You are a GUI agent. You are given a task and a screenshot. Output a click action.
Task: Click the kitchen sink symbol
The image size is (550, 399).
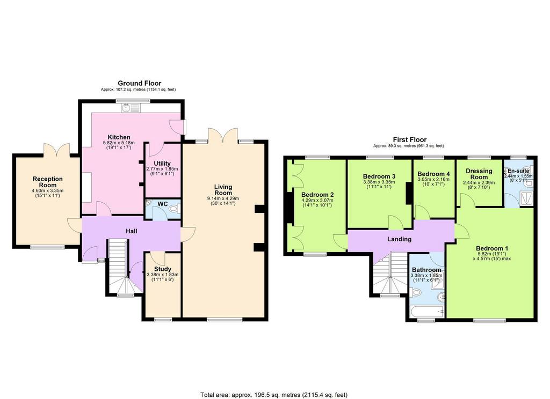pos(131,108)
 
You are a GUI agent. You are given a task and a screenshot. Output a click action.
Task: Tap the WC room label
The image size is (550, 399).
pos(162,204)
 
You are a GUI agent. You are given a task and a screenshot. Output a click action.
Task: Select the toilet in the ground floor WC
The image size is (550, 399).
pos(175,209)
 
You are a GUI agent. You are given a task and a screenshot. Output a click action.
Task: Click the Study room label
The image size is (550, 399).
pos(163,269)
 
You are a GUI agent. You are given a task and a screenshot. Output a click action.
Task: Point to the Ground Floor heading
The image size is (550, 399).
pos(139,83)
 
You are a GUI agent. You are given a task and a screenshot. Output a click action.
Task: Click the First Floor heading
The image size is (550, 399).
pos(409,139)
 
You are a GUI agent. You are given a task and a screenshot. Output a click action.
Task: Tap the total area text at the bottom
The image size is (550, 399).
pos(273,395)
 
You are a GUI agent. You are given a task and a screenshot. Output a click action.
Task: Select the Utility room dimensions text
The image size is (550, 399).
pos(162,171)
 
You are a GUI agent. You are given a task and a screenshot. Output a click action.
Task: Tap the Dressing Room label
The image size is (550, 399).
pos(479,174)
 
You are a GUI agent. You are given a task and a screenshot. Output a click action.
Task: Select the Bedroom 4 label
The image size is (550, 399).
pos(433,174)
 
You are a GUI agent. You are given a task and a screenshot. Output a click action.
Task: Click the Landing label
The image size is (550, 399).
pos(399,239)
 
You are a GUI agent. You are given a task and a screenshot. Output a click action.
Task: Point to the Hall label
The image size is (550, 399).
pos(132,231)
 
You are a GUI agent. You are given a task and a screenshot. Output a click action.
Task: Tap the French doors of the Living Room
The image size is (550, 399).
pos(223,135)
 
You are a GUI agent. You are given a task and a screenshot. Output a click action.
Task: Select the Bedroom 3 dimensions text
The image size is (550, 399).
pos(379,184)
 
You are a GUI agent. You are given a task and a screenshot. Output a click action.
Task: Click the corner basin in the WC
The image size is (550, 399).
pos(148,203)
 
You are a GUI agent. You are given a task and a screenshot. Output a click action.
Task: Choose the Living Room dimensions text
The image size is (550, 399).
pos(223,201)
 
